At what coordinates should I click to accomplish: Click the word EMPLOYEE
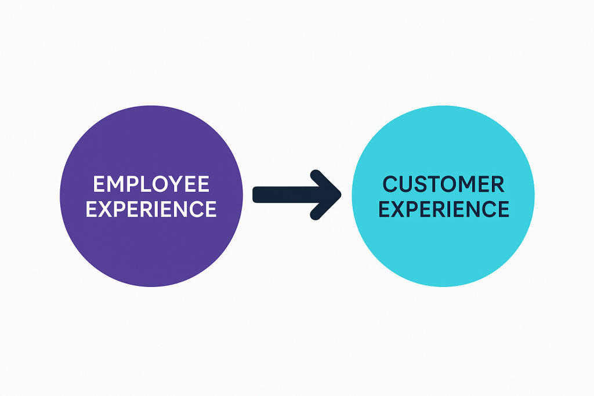[x=151, y=184]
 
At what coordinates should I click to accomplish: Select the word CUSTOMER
[x=444, y=184]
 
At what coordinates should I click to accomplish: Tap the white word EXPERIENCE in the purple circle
[x=151, y=209]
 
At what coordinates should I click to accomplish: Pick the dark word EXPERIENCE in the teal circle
[x=444, y=209]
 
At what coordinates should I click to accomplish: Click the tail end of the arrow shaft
[x=256, y=195]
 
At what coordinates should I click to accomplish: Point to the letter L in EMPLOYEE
[x=145, y=184]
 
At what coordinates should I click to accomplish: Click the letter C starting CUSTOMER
[x=391, y=184]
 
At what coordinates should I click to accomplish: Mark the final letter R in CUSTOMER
[x=498, y=184]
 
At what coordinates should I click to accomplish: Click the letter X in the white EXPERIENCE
[x=106, y=209]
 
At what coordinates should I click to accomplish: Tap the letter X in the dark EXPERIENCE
[x=399, y=209]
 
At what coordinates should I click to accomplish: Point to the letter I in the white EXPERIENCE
[x=164, y=209]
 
